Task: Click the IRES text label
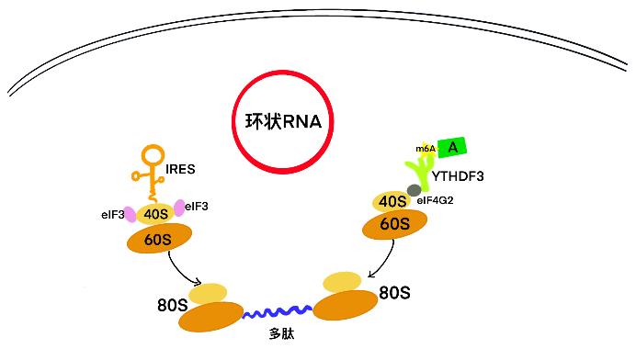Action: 180,169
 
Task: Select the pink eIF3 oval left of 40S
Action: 130,215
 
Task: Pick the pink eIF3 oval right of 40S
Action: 179,208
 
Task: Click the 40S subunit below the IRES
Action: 155,214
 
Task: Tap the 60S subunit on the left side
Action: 159,239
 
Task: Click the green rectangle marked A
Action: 452,147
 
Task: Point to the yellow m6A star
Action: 426,149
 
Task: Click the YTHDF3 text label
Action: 458,176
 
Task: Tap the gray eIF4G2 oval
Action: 415,190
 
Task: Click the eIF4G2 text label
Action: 435,200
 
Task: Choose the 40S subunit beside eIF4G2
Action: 392,201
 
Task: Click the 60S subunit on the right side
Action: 394,224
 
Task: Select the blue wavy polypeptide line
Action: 278,312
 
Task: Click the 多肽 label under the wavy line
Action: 281,333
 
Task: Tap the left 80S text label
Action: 173,305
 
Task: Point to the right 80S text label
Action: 394,292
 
